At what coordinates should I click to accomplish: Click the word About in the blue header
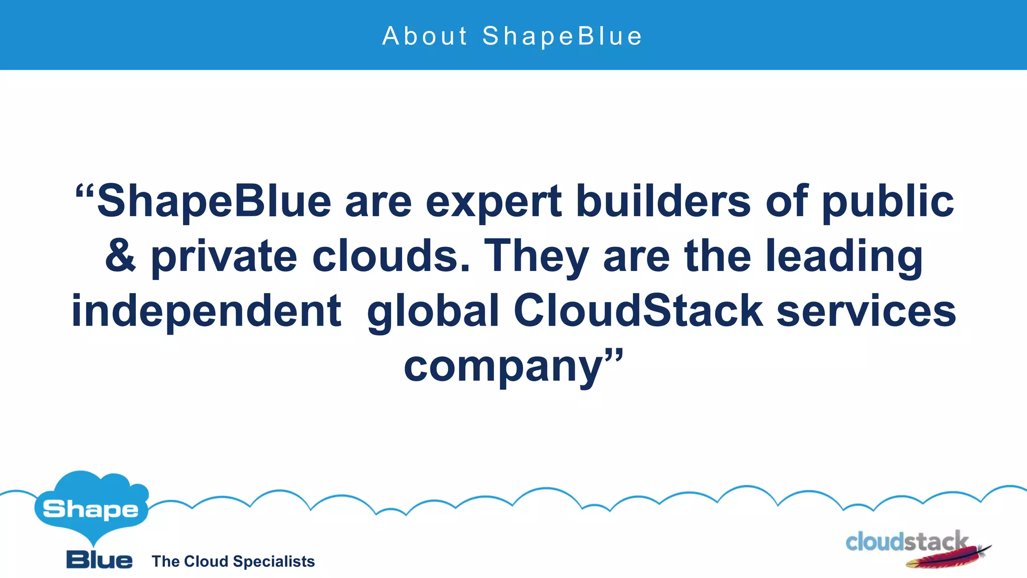click(425, 36)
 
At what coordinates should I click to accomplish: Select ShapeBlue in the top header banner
click(562, 36)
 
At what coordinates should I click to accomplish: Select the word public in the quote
click(888, 202)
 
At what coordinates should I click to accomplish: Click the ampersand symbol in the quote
click(120, 256)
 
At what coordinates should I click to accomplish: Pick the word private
click(224, 257)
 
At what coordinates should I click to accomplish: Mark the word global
click(433, 312)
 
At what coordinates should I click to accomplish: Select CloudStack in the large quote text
click(638, 311)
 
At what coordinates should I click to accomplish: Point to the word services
click(867, 311)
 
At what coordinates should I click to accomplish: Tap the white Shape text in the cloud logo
click(91, 509)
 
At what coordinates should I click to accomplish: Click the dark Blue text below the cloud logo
click(99, 560)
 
